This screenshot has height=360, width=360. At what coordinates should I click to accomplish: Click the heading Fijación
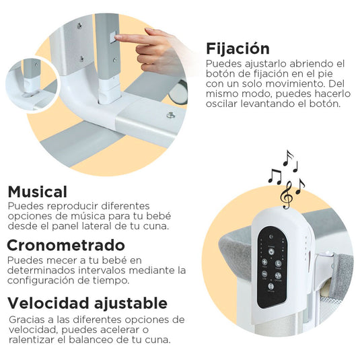(x=238, y=49)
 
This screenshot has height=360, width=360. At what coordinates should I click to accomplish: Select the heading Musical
(x=38, y=192)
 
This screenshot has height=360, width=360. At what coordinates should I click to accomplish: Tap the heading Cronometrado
(x=66, y=244)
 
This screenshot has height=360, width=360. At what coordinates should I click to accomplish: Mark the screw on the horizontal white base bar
(x=170, y=116)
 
